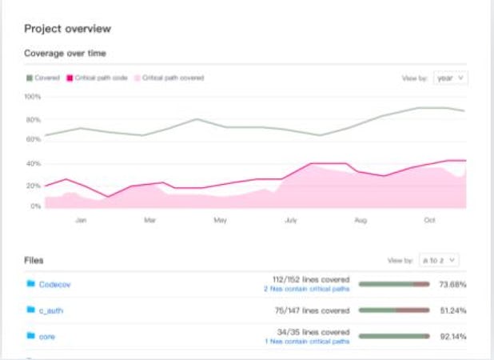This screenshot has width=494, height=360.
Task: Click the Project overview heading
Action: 67,29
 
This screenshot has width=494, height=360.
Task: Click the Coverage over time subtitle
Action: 66,54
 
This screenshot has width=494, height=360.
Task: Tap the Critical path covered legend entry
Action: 169,78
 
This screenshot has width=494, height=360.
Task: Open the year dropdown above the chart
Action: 451,78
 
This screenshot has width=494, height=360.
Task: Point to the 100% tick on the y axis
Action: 33,97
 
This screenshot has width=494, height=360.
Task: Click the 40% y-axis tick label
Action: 34,164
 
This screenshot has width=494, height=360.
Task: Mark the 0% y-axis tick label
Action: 35,206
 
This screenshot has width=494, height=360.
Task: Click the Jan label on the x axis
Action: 81,218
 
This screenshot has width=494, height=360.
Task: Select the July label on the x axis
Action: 291,218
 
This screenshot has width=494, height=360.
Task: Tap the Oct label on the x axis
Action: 429,218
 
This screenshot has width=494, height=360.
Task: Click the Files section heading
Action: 34,260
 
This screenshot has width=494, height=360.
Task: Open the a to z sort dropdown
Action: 439,260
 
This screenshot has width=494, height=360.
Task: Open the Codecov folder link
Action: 55,284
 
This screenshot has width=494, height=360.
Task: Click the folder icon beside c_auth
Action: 30,310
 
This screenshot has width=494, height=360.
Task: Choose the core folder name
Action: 46,337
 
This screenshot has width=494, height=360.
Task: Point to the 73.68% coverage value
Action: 453,284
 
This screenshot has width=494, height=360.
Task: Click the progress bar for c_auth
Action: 394,310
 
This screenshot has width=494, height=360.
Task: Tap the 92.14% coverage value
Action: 453,337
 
